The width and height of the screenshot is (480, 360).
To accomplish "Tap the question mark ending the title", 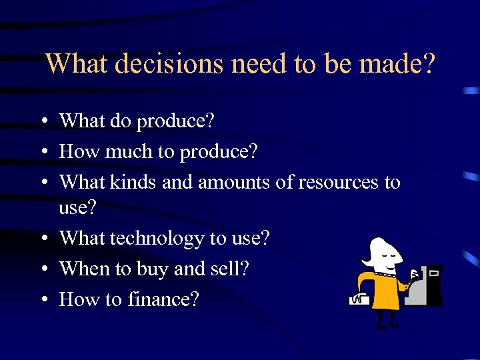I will pyautogui.click(x=429, y=64).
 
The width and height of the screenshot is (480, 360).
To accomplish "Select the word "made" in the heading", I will pyautogui.click(x=389, y=64).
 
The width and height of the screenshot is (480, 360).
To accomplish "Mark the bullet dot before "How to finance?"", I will pyautogui.click(x=42, y=300).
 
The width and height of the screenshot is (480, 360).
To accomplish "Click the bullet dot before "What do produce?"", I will pyautogui.click(x=42, y=121).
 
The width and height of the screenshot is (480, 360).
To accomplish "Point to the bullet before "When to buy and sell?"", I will pyautogui.click(x=42, y=269).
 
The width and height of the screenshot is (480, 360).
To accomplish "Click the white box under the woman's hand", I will pyautogui.click(x=359, y=301).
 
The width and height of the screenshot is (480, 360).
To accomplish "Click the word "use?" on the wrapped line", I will pyautogui.click(x=77, y=208).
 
